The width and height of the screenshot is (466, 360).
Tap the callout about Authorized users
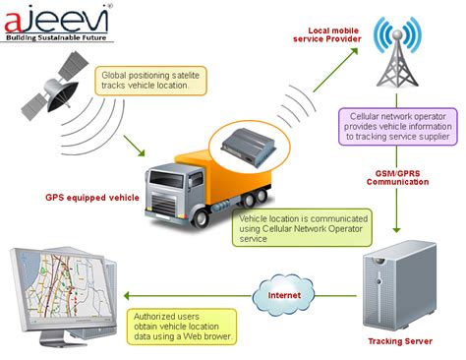point(183,323)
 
